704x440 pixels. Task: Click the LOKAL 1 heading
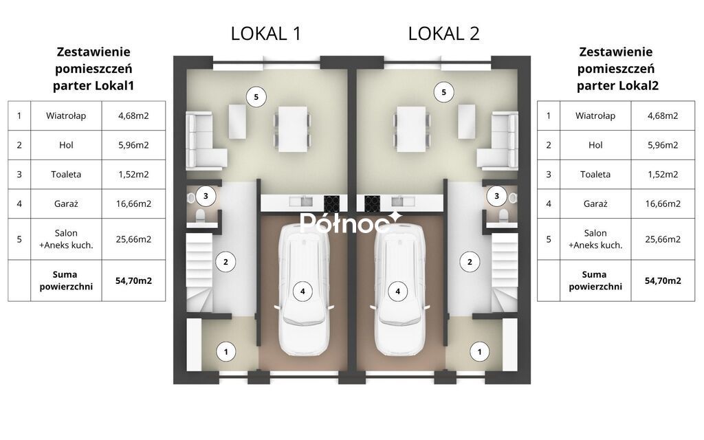(266, 34)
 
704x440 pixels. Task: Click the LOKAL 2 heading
(443, 34)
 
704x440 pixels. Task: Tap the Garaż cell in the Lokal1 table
(66, 203)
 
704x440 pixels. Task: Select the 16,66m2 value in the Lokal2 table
(663, 203)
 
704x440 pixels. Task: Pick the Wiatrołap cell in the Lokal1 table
(66, 115)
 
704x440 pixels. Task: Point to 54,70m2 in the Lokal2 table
(663, 281)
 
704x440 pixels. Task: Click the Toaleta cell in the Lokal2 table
(595, 175)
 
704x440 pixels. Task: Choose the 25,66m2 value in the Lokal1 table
(133, 239)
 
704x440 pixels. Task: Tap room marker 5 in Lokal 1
(256, 97)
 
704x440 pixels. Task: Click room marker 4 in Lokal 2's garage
(398, 291)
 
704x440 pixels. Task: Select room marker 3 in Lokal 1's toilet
(206, 196)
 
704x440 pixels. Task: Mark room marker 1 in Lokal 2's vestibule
(479, 352)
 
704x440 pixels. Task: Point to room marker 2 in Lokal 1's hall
(225, 262)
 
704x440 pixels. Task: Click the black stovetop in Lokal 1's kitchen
(332, 203)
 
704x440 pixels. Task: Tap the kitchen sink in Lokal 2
(397, 201)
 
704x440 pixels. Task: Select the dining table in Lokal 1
(293, 129)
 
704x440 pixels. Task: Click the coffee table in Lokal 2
(467, 121)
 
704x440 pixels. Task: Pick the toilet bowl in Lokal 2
(503, 215)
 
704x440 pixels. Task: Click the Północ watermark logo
(351, 223)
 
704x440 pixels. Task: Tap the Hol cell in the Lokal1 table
(66, 145)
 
